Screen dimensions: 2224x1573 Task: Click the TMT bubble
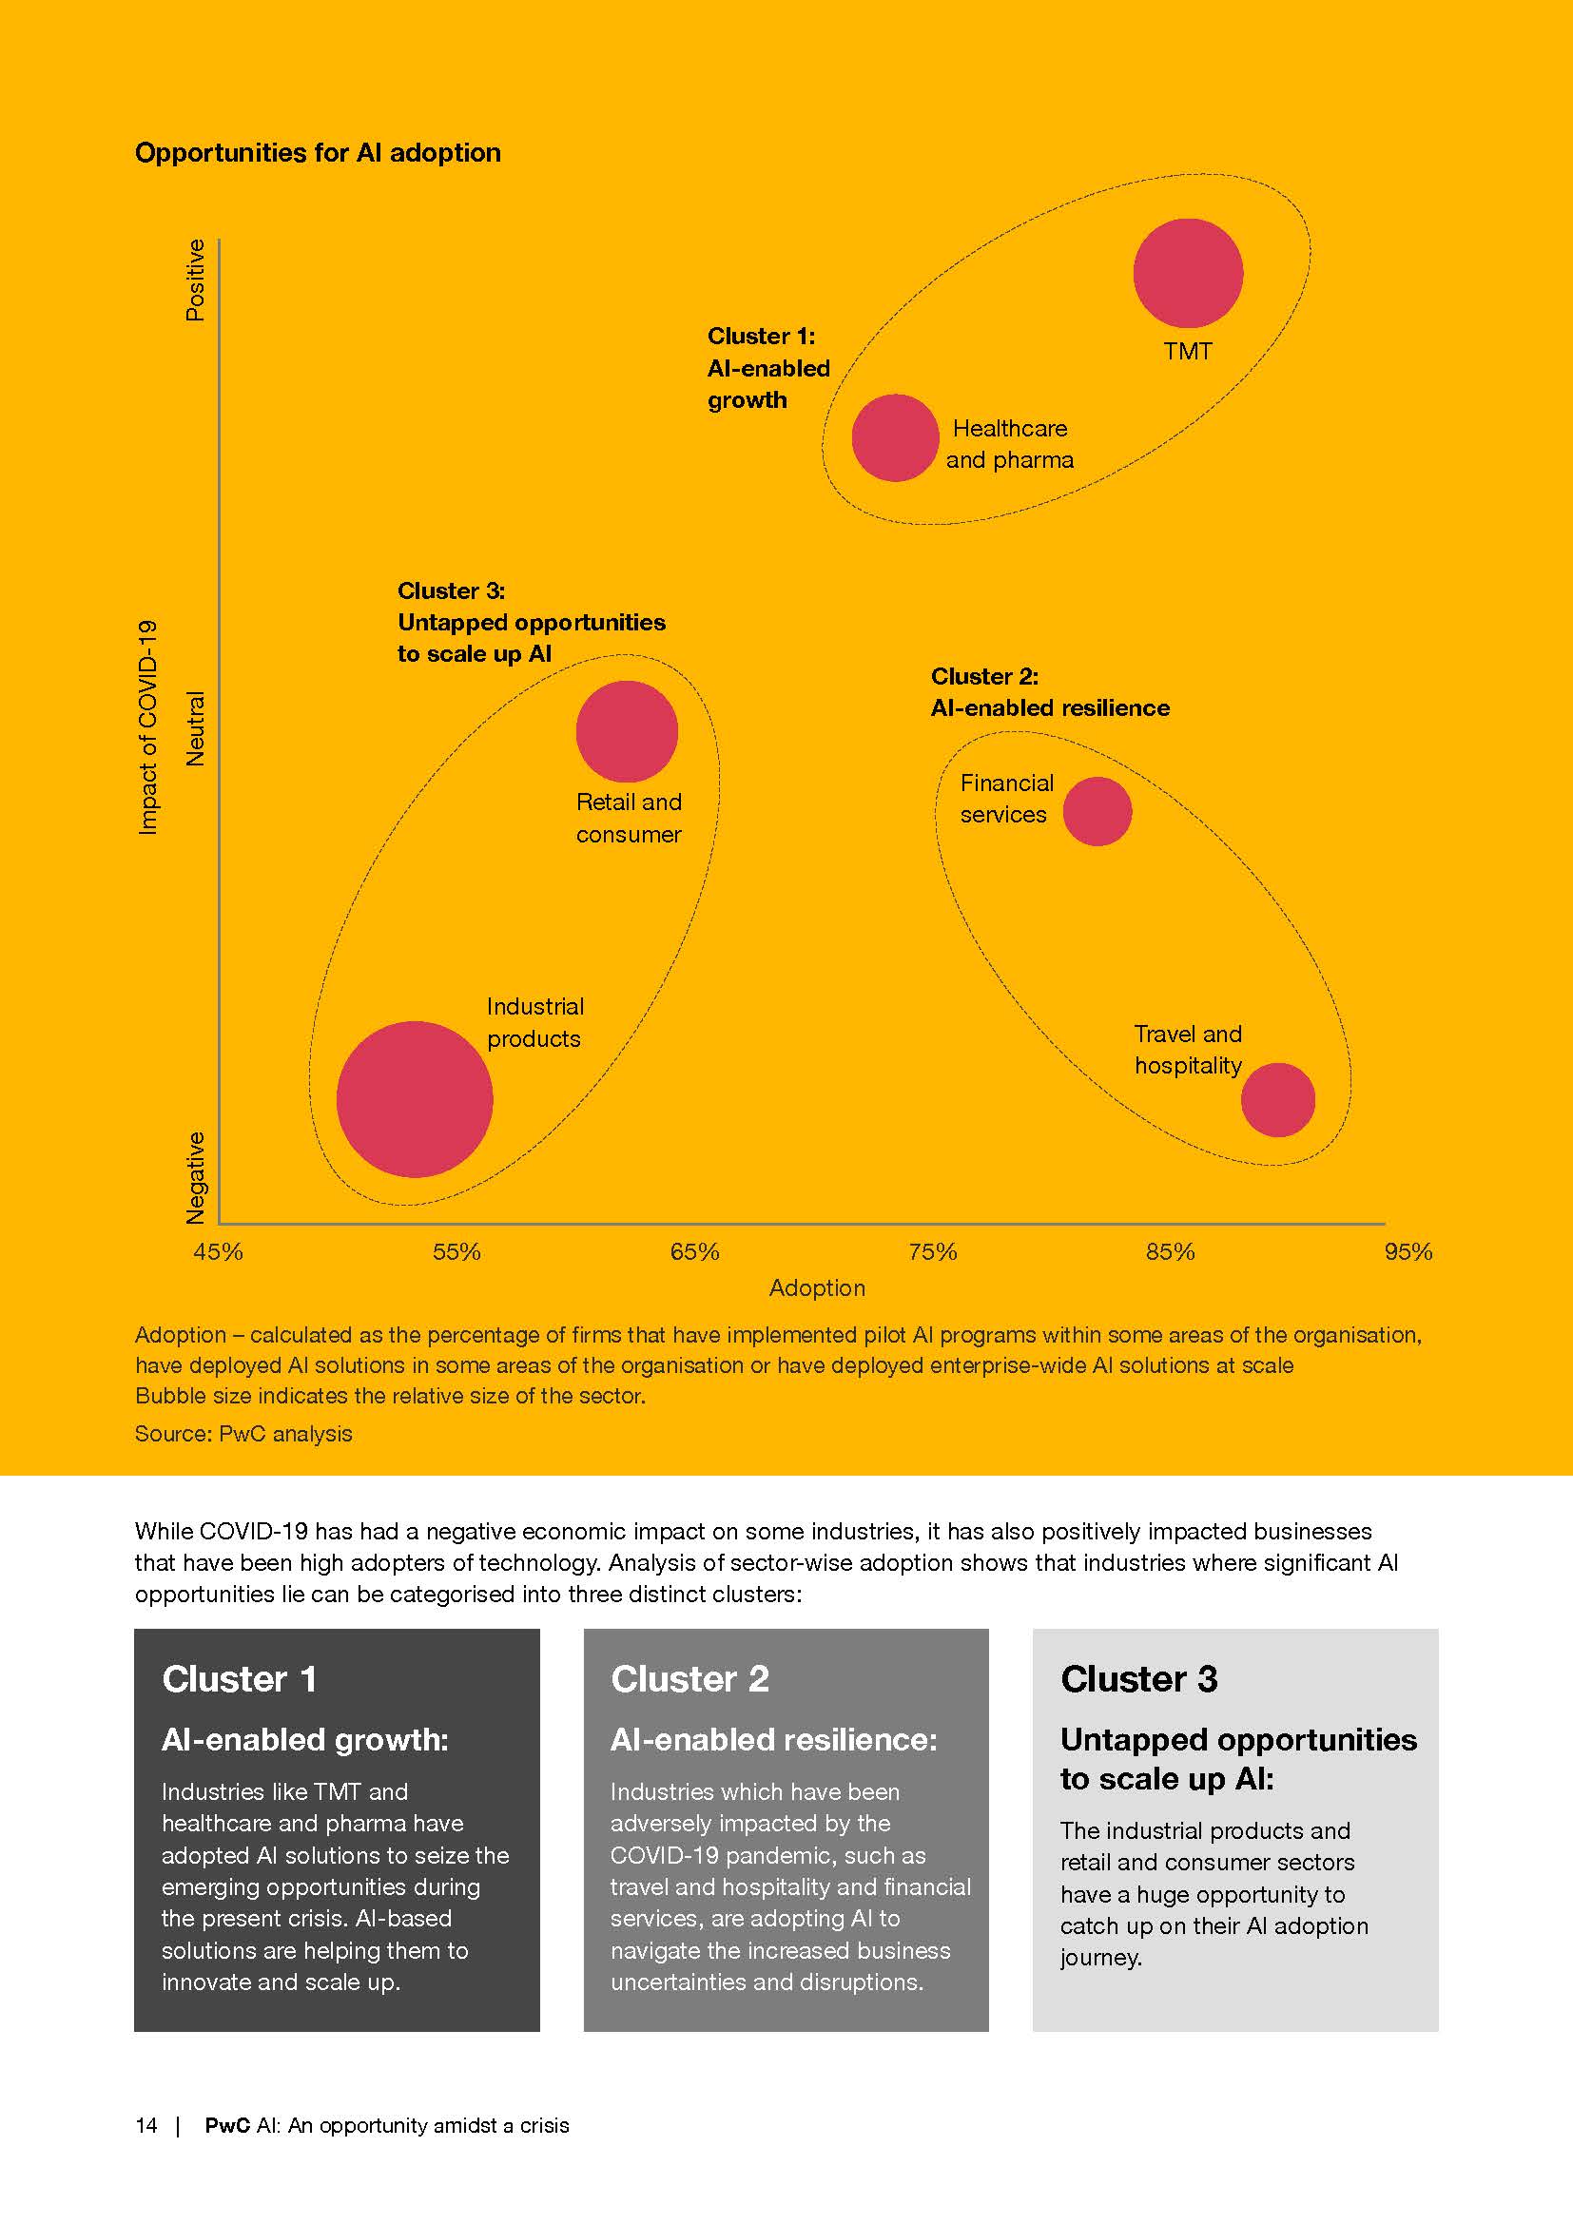point(1188,272)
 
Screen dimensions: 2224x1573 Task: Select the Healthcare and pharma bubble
point(895,437)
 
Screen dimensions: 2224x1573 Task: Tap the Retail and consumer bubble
point(627,731)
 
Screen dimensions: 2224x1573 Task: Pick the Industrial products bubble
point(415,1098)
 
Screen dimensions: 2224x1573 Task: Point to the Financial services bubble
point(1097,811)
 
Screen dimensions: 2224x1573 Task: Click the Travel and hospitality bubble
point(1277,1099)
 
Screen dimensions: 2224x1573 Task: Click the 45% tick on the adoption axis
point(218,1251)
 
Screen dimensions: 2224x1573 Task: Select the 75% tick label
point(932,1251)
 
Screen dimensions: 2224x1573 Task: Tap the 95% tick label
point(1408,1251)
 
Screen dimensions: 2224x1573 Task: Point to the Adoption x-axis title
point(817,1287)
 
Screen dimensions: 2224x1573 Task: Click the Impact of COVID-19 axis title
point(147,726)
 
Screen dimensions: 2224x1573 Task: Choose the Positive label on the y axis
point(196,280)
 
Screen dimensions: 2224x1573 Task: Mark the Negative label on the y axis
point(196,1177)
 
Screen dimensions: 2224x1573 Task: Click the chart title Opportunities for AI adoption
point(318,153)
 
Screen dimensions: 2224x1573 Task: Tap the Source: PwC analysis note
point(243,1434)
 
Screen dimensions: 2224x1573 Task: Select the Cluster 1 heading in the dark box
point(240,1679)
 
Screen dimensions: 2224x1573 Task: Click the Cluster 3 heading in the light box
point(1138,1679)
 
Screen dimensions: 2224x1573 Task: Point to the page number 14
point(146,2125)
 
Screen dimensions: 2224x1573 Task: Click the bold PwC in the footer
point(227,2125)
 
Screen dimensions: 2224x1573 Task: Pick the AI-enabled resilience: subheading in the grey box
point(773,1740)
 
